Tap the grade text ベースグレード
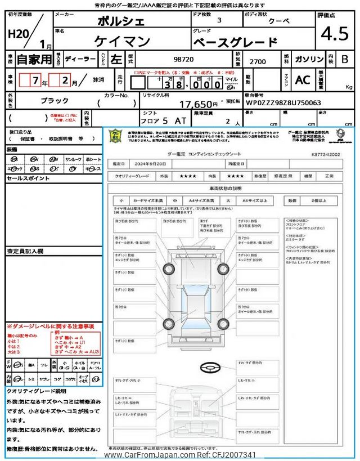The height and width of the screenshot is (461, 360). pyautogui.click(x=235, y=42)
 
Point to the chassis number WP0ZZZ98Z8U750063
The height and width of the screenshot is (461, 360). pyautogui.click(x=283, y=103)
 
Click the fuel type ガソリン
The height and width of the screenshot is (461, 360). pyautogui.click(x=308, y=59)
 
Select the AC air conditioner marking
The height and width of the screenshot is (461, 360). pyautogui.click(x=303, y=80)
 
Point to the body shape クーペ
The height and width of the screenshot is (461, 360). pyautogui.click(x=276, y=21)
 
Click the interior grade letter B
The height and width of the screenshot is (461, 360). pyautogui.click(x=345, y=59)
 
